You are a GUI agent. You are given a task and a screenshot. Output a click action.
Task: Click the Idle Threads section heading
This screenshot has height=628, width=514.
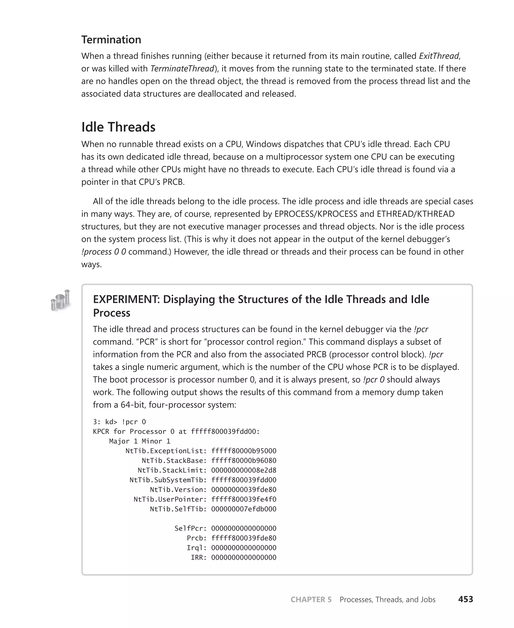[x=118, y=127]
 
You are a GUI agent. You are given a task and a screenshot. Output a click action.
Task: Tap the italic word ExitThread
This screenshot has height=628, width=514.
[x=439, y=56]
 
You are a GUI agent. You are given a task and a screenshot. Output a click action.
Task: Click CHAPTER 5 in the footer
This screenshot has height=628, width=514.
[x=311, y=600]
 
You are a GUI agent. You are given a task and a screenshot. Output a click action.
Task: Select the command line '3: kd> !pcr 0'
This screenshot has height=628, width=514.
[x=119, y=422]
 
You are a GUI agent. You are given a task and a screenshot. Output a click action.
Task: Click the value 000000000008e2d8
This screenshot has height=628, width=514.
[x=244, y=470]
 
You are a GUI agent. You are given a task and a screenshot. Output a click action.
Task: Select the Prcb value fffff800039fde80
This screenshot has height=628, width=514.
[x=244, y=538]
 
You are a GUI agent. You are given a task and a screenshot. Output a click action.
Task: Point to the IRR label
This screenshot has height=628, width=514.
[x=198, y=557]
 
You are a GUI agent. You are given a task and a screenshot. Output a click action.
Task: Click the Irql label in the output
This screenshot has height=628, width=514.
[x=196, y=548]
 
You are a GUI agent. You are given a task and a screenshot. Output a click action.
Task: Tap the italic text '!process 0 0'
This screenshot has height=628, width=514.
[x=104, y=252]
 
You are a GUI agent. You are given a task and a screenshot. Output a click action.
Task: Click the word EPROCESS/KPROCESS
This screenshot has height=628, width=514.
[x=316, y=214]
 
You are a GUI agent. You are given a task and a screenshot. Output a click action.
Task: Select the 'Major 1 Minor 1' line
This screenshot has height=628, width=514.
[x=140, y=441]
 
